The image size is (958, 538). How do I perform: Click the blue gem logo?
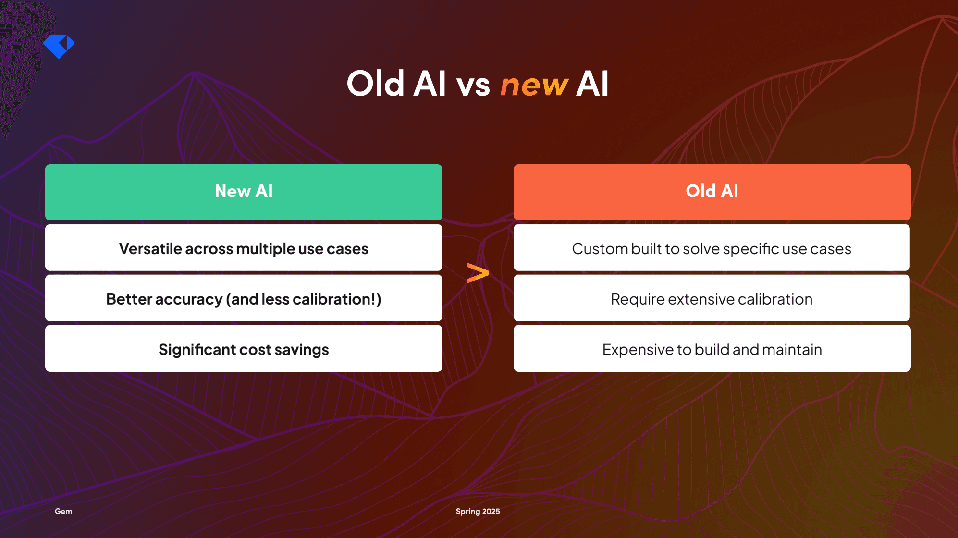click(59, 46)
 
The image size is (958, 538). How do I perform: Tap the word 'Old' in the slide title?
click(375, 84)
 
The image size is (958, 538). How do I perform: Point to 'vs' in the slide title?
click(473, 85)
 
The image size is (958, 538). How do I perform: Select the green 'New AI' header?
click(244, 192)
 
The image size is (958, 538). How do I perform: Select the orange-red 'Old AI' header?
click(712, 192)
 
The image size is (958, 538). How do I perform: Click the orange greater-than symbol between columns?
click(477, 273)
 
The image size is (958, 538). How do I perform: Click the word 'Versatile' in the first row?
click(150, 249)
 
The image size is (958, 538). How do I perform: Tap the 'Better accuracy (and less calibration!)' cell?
click(244, 299)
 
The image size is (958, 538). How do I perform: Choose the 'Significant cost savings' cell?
click(244, 349)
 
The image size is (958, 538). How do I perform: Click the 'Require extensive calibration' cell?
click(712, 299)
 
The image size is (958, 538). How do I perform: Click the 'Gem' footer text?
click(63, 511)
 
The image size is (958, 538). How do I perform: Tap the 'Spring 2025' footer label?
click(478, 511)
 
